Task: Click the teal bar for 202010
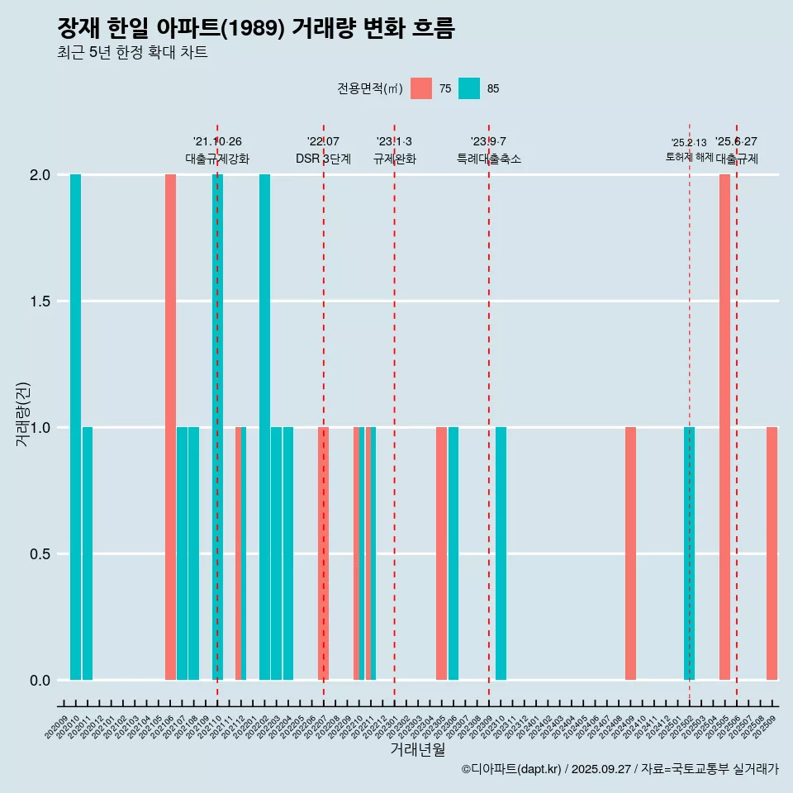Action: pos(75,427)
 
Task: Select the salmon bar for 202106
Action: pos(170,427)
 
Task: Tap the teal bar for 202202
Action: pos(264,427)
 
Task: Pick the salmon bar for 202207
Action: pos(324,553)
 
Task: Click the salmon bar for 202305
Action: pos(442,553)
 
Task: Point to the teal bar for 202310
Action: pos(501,553)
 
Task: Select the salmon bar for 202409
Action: pos(630,553)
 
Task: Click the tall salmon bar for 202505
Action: pos(724,427)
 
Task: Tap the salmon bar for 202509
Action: pos(772,553)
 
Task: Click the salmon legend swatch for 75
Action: pos(421,88)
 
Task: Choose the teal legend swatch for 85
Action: pos(469,88)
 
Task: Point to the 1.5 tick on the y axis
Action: pos(38,302)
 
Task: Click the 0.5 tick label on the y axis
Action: pos(38,554)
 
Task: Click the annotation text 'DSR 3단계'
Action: pos(324,159)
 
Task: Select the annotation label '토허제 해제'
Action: pos(689,157)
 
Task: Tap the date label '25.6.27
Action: pos(736,142)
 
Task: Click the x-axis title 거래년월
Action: pos(417,749)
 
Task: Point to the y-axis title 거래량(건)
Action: pos(23,413)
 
